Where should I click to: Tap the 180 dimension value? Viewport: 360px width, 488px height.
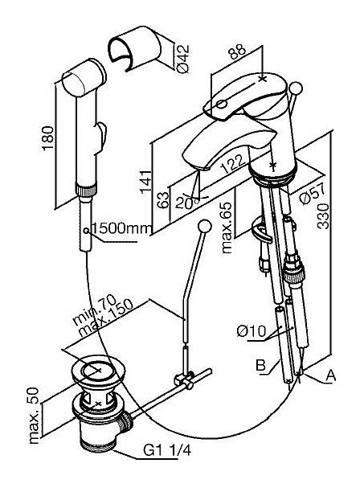(47, 138)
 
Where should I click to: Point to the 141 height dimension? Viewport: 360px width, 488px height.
(146, 182)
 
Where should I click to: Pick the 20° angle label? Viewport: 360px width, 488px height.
(186, 203)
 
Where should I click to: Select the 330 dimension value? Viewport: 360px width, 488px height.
(323, 216)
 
